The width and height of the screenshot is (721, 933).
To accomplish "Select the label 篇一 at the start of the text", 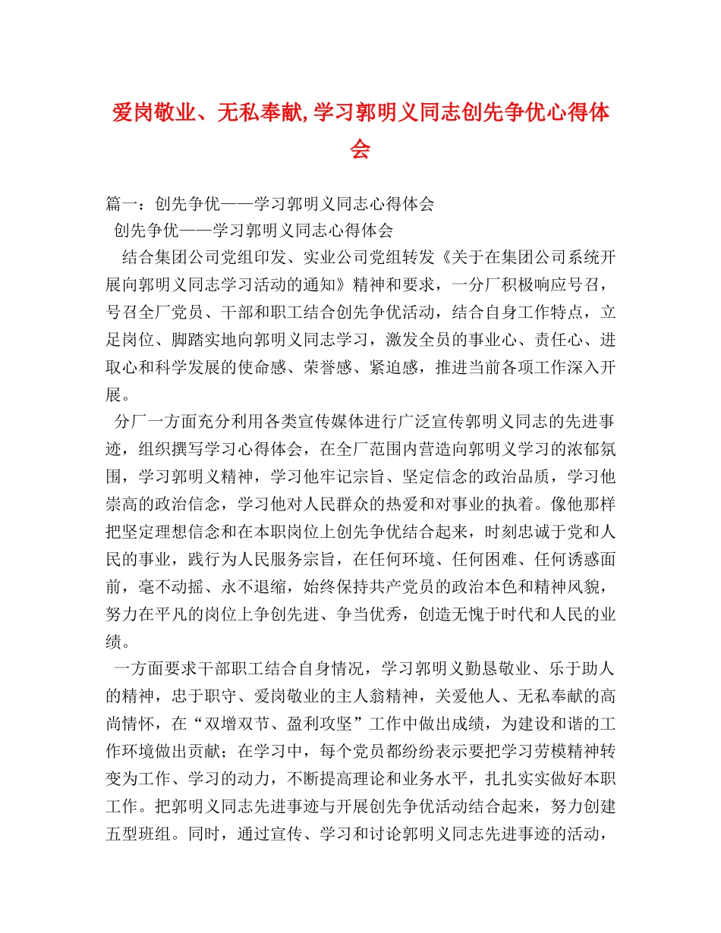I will [121, 203].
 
